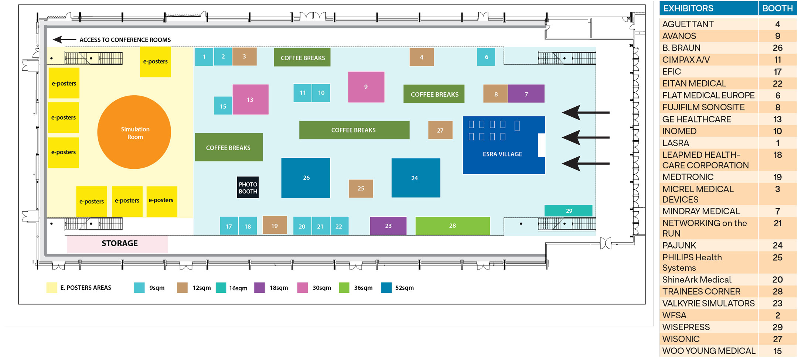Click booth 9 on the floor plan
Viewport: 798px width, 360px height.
point(366,87)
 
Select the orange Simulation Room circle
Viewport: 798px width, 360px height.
point(134,132)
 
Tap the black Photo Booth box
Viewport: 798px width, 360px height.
point(248,188)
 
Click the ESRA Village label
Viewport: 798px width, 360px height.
point(502,154)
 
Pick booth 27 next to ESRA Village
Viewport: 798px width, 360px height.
point(440,130)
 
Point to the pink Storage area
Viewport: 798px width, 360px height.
point(117,244)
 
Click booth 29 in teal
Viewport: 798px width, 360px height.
point(568,210)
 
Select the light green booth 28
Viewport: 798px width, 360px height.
point(453,226)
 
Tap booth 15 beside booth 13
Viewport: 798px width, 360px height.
point(223,106)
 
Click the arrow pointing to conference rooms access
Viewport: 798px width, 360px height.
point(64,40)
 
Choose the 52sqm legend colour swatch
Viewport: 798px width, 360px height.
point(386,288)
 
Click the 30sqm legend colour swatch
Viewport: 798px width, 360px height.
point(303,288)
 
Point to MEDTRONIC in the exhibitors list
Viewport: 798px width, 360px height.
point(688,177)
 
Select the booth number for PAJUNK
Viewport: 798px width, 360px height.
point(777,246)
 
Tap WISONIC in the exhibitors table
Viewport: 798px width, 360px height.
point(681,339)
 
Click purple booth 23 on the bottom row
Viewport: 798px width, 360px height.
point(388,226)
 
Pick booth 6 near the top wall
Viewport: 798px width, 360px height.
point(486,57)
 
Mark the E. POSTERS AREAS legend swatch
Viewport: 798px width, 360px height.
point(52,288)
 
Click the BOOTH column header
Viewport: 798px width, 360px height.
point(777,8)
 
